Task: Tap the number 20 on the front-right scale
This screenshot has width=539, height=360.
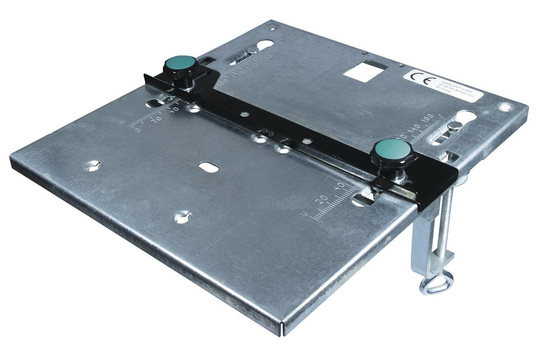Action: (323, 199)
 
